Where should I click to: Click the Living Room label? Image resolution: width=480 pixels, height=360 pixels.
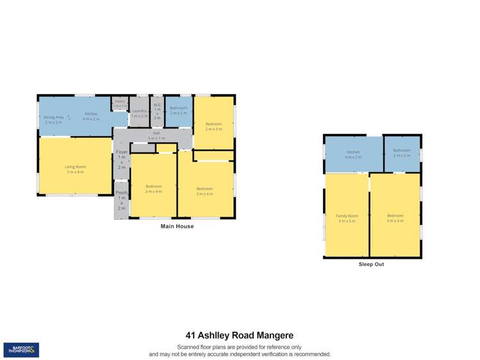point(76,169)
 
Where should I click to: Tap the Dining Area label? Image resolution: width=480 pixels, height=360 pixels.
point(54,120)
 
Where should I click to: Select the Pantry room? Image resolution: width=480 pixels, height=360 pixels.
point(120,103)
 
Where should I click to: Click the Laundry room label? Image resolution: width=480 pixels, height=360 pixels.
point(139,113)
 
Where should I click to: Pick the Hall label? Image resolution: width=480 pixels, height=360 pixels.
point(156,136)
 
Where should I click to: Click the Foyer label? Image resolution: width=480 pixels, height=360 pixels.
point(122,159)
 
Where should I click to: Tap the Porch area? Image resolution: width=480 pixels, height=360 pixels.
point(122,200)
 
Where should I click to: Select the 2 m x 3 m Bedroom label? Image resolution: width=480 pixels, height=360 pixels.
point(213,126)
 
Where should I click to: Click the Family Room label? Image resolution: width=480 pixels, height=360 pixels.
point(347,218)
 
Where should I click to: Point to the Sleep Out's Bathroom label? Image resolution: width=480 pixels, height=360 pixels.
point(402,152)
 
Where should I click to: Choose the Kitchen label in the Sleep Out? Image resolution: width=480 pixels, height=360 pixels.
point(354,154)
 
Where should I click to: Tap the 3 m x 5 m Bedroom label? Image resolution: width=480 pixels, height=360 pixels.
point(395,218)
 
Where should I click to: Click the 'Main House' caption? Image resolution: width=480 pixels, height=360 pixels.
point(176,226)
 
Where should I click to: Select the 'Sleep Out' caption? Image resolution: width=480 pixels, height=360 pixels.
point(371,264)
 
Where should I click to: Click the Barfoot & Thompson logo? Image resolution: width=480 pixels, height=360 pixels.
point(21,350)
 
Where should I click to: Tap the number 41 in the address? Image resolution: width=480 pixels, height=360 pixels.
point(191,335)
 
